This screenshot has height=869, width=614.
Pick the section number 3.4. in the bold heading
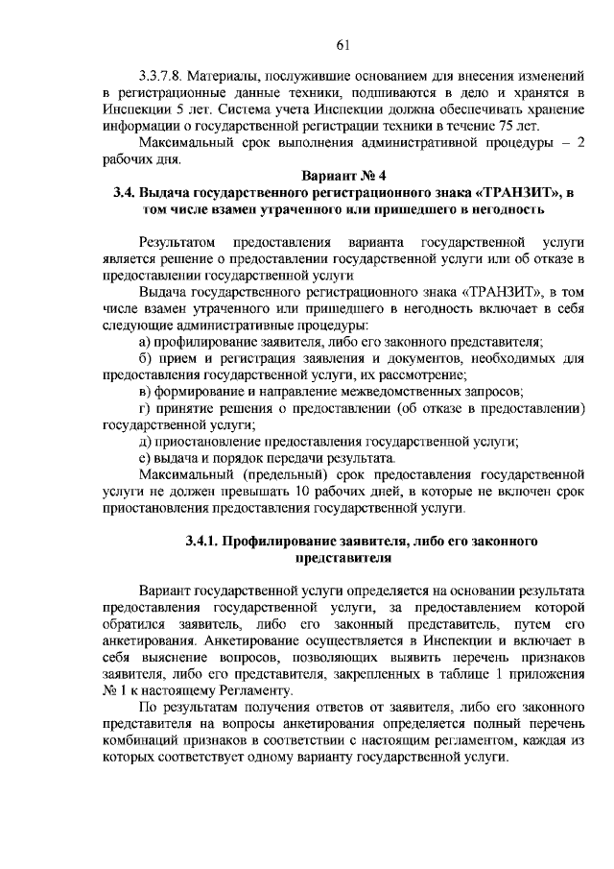coord(125,193)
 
